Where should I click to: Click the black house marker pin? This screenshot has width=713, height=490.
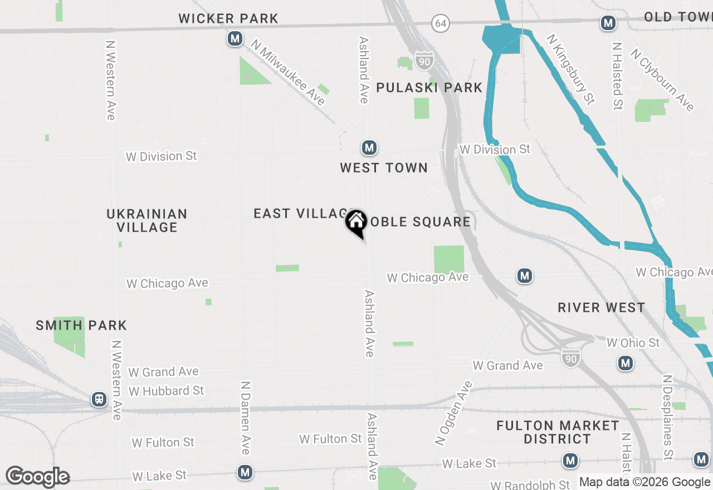356,222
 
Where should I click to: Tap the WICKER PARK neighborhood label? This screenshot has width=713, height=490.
228,18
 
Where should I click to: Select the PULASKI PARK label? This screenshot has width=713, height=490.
429,87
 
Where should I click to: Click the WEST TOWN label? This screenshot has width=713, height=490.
384,168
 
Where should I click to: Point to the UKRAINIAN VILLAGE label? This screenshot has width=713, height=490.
147,220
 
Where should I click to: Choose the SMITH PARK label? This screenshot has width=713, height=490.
81,325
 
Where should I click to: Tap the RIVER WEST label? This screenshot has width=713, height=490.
602,307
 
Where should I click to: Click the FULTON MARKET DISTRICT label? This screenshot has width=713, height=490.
558,432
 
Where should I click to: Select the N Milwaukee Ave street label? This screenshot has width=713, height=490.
288,72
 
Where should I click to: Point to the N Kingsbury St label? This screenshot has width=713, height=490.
571,69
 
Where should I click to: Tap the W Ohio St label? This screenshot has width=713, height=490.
633,342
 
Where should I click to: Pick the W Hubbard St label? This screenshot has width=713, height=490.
167,391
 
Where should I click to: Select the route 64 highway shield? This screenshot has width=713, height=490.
441,23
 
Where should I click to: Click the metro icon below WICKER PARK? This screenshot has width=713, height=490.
235,39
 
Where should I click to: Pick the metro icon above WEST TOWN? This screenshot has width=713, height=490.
369,148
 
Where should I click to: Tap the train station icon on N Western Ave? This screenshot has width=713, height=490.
99,399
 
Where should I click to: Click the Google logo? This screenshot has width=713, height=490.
37,477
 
